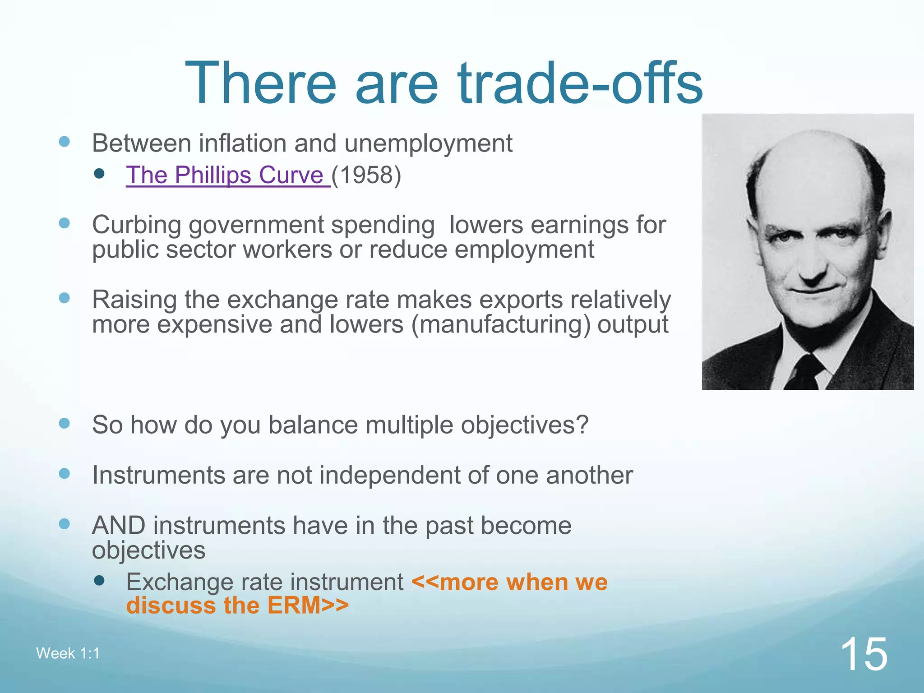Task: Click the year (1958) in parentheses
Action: [x=366, y=175]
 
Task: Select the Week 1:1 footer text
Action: [x=68, y=653]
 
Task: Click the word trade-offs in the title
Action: [x=580, y=83]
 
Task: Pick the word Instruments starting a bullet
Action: [x=158, y=475]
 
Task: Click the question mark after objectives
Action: [x=583, y=425]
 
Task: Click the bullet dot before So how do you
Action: [x=65, y=423]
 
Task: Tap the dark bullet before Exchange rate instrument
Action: [x=100, y=581]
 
